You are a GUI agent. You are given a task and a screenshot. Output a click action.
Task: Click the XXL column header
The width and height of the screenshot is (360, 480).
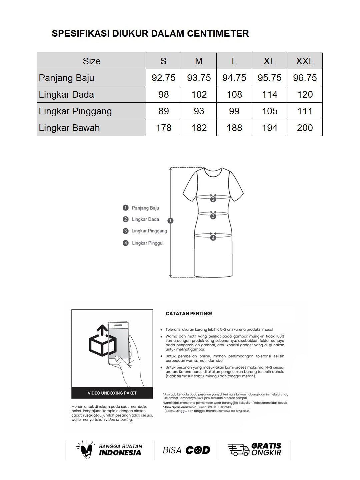tap(305, 61)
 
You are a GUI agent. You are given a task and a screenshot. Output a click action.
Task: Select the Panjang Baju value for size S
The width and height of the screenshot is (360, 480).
tap(163, 78)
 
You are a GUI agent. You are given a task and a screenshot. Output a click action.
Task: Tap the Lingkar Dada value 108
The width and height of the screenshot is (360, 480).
tap(234, 94)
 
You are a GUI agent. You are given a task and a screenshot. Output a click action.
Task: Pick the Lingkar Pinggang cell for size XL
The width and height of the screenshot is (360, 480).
tap(269, 111)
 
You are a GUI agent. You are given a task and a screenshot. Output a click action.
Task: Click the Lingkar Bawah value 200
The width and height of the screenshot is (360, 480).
tap(305, 128)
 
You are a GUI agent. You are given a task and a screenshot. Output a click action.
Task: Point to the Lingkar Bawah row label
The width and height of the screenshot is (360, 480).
tap(69, 128)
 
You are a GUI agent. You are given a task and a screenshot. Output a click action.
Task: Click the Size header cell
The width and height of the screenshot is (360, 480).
tap(91, 61)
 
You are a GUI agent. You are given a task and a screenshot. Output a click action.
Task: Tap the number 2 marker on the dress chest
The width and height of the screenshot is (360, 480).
tap(213, 199)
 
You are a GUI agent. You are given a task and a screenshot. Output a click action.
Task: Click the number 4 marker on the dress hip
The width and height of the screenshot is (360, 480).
tap(213, 238)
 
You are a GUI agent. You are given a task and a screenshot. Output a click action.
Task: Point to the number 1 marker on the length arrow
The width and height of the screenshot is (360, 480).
tap(171, 220)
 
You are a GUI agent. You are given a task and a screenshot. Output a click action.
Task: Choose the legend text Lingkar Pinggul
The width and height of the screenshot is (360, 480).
tap(148, 243)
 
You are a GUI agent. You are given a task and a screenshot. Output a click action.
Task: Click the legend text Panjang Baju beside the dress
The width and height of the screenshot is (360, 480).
tap(145, 208)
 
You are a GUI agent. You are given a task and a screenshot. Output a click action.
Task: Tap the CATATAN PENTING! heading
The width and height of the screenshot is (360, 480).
tap(189, 314)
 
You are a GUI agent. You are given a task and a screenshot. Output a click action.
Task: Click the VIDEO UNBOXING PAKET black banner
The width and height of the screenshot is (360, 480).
tap(112, 393)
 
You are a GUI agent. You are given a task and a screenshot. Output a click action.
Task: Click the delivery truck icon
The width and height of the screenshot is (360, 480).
tap(238, 450)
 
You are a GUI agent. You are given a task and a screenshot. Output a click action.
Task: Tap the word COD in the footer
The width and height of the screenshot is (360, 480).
tap(198, 450)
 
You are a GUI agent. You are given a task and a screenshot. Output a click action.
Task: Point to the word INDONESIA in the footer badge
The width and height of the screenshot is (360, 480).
tap(120, 453)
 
